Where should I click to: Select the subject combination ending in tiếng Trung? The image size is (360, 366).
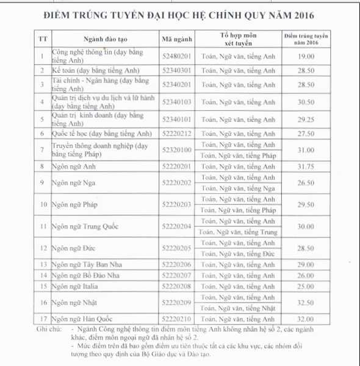pos(238,232)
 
